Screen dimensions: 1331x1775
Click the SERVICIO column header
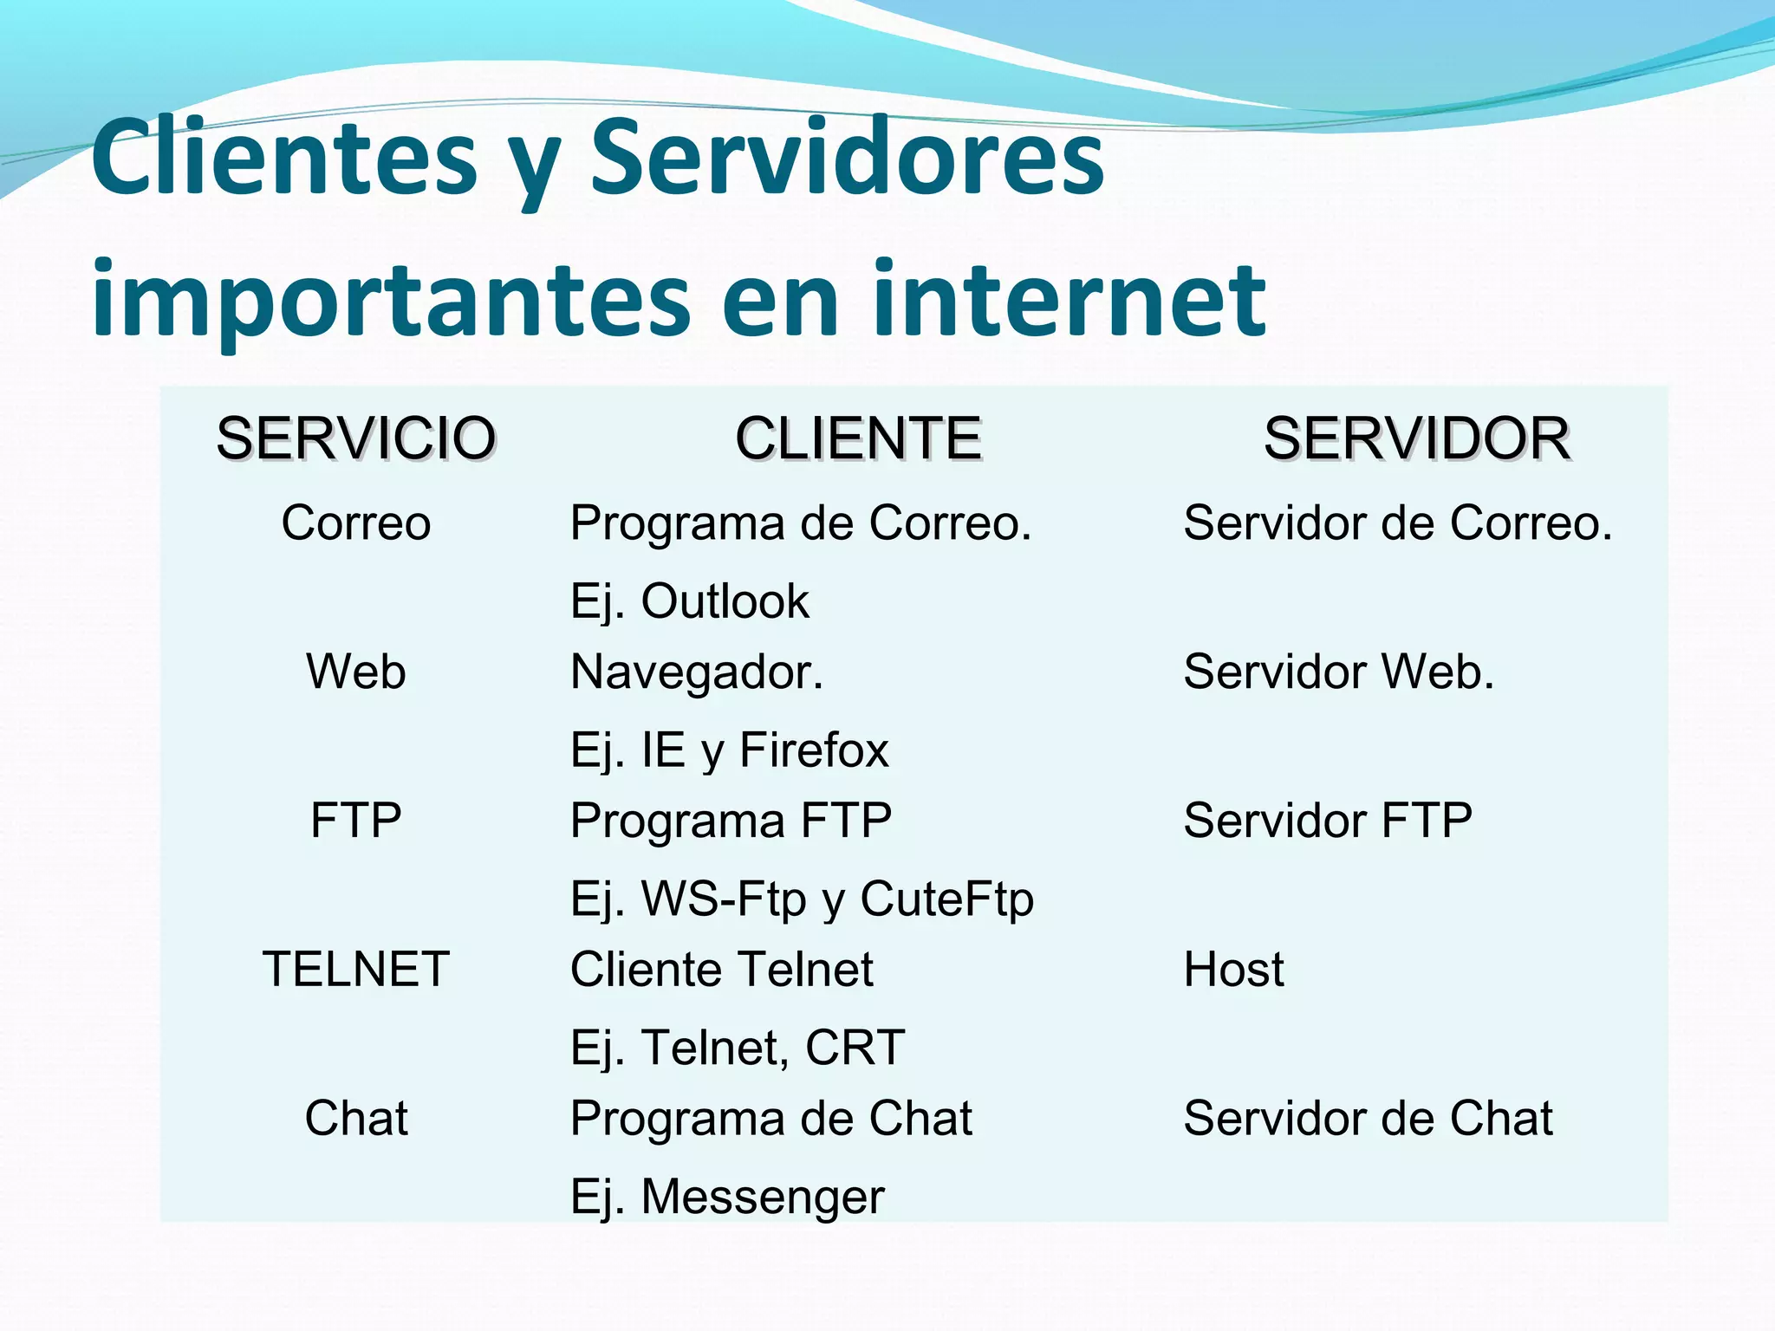pyautogui.click(x=355, y=438)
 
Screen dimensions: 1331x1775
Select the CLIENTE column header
pyautogui.click(x=858, y=438)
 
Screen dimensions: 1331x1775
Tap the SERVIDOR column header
pyautogui.click(x=1416, y=438)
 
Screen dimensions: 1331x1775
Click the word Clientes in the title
pyautogui.click(x=284, y=158)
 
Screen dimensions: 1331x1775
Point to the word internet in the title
pyautogui.click(x=1070, y=299)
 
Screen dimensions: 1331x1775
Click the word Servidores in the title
pyautogui.click(x=847, y=158)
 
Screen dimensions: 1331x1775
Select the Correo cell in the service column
pyautogui.click(x=355, y=523)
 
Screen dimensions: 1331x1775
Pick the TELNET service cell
pyautogui.click(x=355, y=969)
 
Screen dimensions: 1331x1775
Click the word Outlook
pyautogui.click(x=725, y=601)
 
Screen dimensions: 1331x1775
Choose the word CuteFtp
pyautogui.click(x=946, y=899)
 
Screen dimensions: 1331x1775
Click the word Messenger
pyautogui.click(x=763, y=1197)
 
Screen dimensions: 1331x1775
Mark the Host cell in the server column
pyautogui.click(x=1233, y=969)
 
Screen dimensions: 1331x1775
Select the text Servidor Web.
pyautogui.click(x=1338, y=672)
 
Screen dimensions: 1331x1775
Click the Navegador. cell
pyautogui.click(x=697, y=672)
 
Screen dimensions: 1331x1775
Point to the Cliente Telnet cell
pyautogui.click(x=721, y=969)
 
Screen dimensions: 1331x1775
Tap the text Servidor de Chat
pyautogui.click(x=1368, y=1118)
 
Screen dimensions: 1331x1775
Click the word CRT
pyautogui.click(x=855, y=1048)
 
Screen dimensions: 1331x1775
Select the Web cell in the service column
pyautogui.click(x=355, y=672)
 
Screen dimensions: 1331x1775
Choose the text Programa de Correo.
pyautogui.click(x=800, y=523)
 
